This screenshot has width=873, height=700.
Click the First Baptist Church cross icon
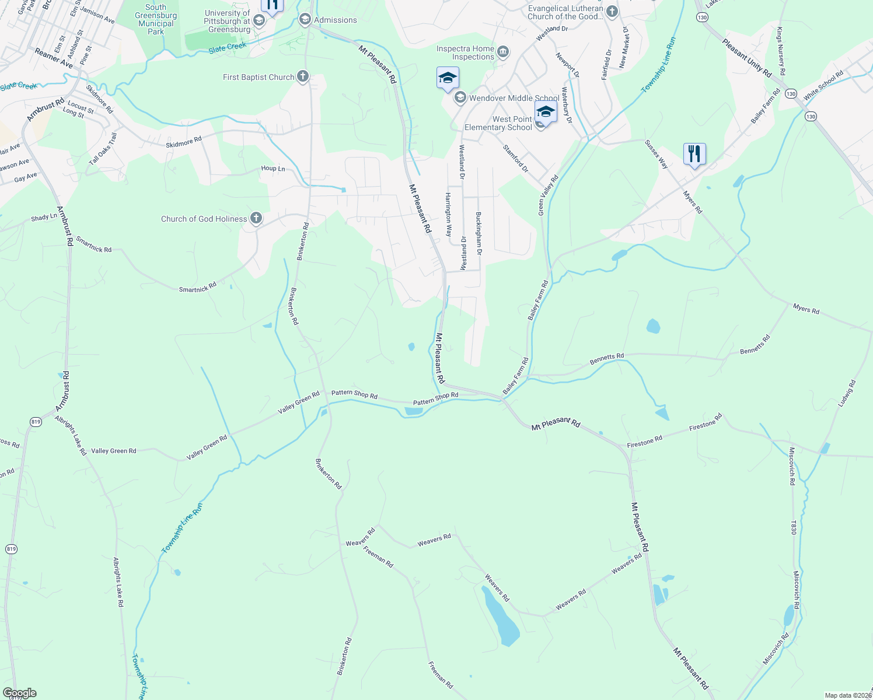302,76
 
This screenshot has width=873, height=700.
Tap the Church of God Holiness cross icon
256,219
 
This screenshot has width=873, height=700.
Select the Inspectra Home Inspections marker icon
502,52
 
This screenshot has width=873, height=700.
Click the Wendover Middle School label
514,98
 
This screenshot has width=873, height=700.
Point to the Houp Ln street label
273,169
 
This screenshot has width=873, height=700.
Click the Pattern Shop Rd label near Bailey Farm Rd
435,399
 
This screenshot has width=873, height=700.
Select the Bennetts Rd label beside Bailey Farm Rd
606,359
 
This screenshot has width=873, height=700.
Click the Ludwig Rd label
846,394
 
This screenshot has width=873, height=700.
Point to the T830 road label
793,528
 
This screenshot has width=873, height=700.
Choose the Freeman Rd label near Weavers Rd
378,556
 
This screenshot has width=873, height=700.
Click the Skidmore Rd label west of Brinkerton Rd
183,141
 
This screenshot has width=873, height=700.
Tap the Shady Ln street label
44,217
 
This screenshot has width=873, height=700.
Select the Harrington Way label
449,214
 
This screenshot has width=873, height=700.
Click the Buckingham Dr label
479,233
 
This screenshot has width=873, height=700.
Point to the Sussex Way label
656,155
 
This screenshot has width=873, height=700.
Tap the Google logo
20,693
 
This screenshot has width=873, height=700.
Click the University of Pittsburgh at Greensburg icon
259,21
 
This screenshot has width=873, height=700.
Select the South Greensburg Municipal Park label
156,20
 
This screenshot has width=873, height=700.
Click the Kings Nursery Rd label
781,51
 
